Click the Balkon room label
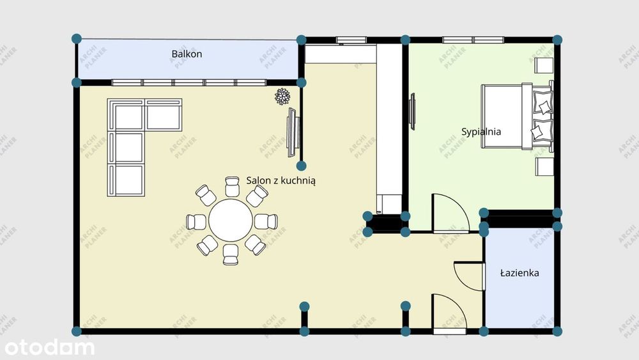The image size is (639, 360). click(x=187, y=54)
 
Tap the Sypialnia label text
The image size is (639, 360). click(x=481, y=132)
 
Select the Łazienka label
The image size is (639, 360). click(x=520, y=273)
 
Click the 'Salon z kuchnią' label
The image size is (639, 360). click(x=281, y=180)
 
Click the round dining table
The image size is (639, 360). click(x=231, y=220)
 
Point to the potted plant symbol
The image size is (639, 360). click(x=282, y=97)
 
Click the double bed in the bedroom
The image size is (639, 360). click(x=517, y=116)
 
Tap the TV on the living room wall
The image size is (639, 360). click(x=293, y=132)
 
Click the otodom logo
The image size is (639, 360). click(x=49, y=348)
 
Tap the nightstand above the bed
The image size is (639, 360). click(x=544, y=65)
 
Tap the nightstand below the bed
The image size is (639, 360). click(x=544, y=167)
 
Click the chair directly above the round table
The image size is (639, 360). click(x=232, y=187)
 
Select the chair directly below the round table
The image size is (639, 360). click(x=231, y=254)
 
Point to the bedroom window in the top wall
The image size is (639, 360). click(x=473, y=40)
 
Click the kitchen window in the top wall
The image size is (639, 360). click(x=351, y=40)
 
